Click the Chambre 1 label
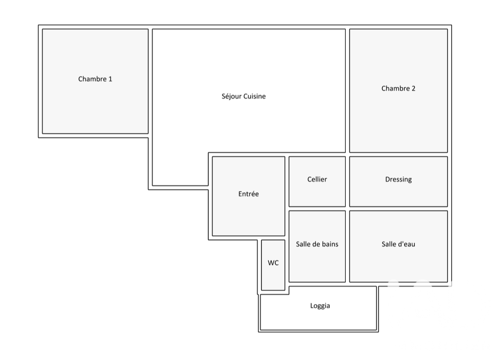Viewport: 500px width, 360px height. (95, 79)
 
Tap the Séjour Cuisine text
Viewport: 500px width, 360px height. (243, 96)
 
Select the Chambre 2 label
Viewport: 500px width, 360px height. (398, 88)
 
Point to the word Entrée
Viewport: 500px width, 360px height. (248, 194)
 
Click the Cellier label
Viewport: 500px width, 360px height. (317, 180)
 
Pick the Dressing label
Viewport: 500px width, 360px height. (398, 180)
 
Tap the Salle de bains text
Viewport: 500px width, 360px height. (317, 244)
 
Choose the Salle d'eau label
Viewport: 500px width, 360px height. (398, 244)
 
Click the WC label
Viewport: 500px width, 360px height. (273, 263)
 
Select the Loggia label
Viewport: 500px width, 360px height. (320, 306)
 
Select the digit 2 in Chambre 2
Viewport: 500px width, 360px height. (413, 89)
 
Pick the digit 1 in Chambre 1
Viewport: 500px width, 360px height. (110, 79)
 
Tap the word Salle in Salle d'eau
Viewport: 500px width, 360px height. (389, 244)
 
